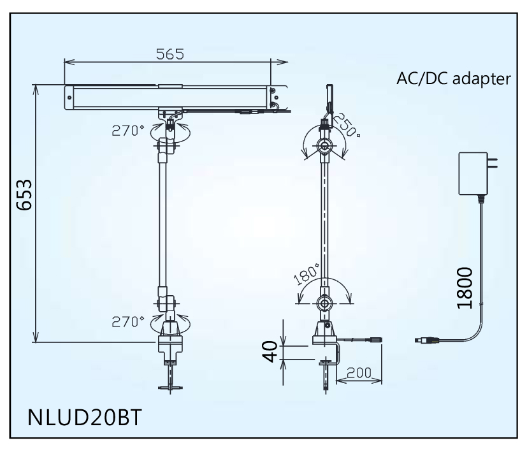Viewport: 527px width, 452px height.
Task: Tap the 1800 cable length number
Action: pos(464,287)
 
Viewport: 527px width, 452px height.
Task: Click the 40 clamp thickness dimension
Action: pos(272,352)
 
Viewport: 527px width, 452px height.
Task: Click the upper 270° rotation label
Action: pos(129,131)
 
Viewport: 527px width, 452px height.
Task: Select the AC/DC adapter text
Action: pos(453,79)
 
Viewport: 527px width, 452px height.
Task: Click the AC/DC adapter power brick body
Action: pos(472,174)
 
